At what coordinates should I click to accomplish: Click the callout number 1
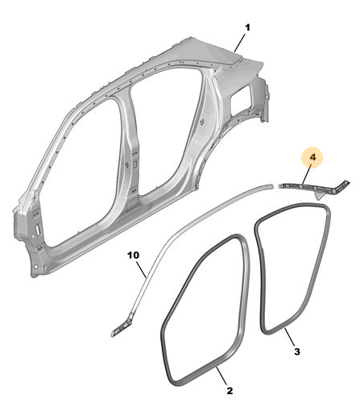247,27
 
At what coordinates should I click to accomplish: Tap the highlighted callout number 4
312,157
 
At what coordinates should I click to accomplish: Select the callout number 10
134,255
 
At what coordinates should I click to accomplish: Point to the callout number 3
297,351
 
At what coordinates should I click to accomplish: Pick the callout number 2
230,390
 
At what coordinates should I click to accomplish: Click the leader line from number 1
239,43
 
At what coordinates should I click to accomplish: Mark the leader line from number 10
141,269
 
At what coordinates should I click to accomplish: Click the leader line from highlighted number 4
307,174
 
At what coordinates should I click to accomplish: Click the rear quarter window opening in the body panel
241,96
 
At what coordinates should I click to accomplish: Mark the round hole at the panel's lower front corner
35,267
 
